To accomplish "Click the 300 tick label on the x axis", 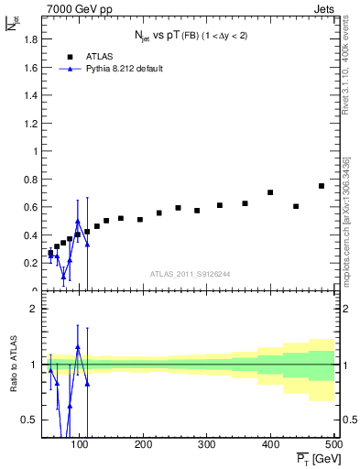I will click(207, 444).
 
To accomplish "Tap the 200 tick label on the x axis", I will click(144, 444).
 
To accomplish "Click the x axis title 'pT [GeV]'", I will click(313, 458).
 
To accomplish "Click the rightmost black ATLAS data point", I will click(322, 186).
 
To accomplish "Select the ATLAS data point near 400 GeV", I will click(270, 192).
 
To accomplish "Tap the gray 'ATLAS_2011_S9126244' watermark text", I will click(191, 274).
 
